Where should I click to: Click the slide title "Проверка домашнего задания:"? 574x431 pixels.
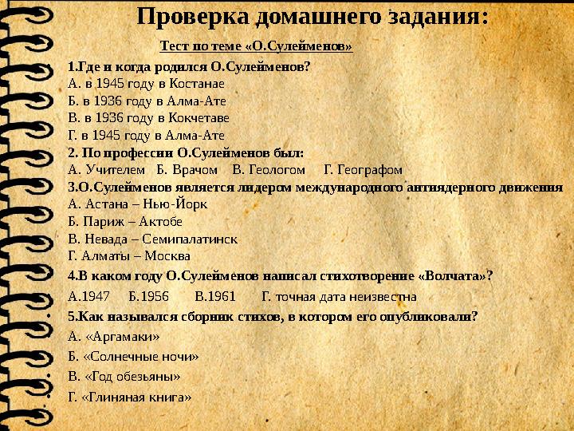pos(313,17)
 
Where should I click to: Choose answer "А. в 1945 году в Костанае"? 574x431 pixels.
pos(147,83)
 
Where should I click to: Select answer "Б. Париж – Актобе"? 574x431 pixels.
pos(126,222)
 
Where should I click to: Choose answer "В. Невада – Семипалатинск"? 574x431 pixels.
pos(153,239)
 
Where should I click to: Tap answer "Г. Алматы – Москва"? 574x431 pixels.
pos(129,256)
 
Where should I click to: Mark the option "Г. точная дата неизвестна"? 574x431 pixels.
pos(339,296)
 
